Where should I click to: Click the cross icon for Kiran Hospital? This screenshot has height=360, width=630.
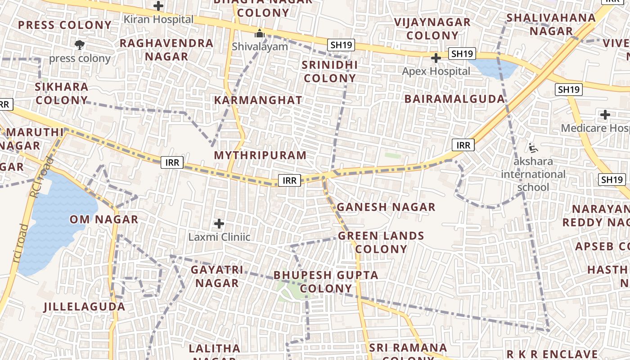[x=158, y=6]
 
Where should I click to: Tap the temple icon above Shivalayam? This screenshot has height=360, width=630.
[x=259, y=33]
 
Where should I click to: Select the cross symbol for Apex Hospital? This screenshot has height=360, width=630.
[x=436, y=58]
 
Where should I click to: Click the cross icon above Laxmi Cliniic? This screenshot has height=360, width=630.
[x=219, y=223]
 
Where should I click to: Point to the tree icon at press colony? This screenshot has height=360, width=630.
[x=80, y=45]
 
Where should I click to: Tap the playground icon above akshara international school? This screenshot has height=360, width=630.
[x=533, y=147]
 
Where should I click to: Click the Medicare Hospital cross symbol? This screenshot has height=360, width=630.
[x=605, y=115]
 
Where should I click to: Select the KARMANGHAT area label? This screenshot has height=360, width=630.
[x=258, y=100]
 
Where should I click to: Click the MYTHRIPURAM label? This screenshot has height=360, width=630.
[x=260, y=155]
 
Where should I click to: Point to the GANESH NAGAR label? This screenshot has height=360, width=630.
[x=386, y=207]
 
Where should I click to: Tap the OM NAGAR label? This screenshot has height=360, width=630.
[x=103, y=220]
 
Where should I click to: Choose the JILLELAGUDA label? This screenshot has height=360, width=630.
[x=84, y=307]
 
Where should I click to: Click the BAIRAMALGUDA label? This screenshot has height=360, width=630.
[x=454, y=99]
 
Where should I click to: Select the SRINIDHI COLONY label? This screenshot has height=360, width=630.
[x=330, y=72]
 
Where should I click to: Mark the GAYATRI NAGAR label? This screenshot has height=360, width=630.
[x=217, y=276]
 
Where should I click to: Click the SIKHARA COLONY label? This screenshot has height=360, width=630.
[x=62, y=93]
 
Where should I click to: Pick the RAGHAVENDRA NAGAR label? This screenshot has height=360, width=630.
[x=166, y=49]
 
